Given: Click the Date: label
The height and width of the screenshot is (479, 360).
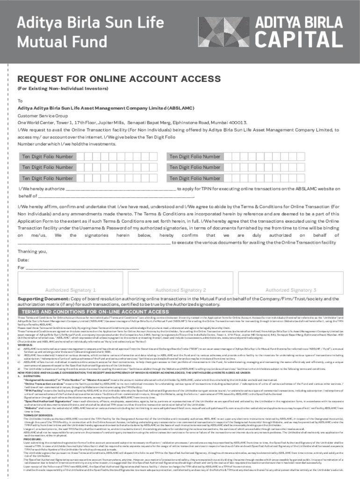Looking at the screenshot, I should tap(23, 260).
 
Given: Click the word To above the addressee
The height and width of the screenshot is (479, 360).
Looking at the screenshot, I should tap(20, 101).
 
